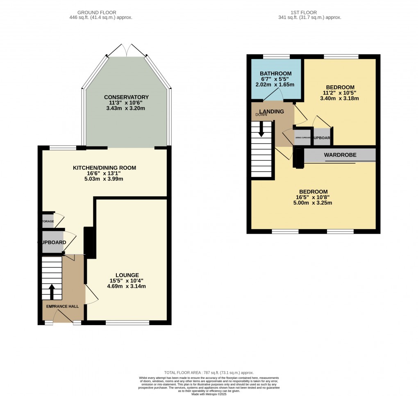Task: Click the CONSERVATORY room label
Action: click(x=126, y=97)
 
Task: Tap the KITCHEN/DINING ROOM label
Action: click(x=104, y=168)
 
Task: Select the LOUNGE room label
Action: click(x=127, y=275)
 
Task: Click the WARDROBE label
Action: click(x=340, y=155)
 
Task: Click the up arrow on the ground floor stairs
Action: click(x=52, y=291)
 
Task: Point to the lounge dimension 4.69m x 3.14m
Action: click(x=127, y=287)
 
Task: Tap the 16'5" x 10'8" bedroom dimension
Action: click(x=313, y=197)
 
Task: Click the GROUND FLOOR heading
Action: click(x=101, y=12)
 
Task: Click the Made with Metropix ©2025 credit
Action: click(x=209, y=394)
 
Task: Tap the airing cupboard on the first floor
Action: click(x=303, y=137)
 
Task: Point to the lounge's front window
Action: click(x=127, y=323)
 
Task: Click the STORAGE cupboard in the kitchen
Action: click(x=48, y=221)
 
